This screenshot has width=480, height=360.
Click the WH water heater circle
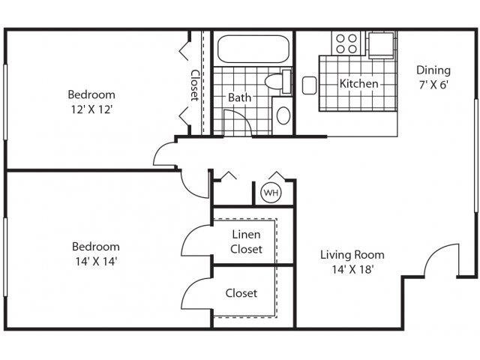270,193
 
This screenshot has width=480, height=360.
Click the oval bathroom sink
283,115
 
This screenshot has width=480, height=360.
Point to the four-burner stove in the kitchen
347,42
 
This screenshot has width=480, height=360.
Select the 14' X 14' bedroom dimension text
95,262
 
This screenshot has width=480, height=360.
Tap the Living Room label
352,254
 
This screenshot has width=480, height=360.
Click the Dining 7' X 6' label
433,78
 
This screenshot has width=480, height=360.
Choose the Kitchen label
359,83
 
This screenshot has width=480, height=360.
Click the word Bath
240,97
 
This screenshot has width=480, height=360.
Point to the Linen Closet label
246,241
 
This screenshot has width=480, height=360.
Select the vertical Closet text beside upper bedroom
193,85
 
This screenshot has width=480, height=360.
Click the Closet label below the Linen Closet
241,293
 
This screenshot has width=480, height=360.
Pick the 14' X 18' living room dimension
352,269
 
